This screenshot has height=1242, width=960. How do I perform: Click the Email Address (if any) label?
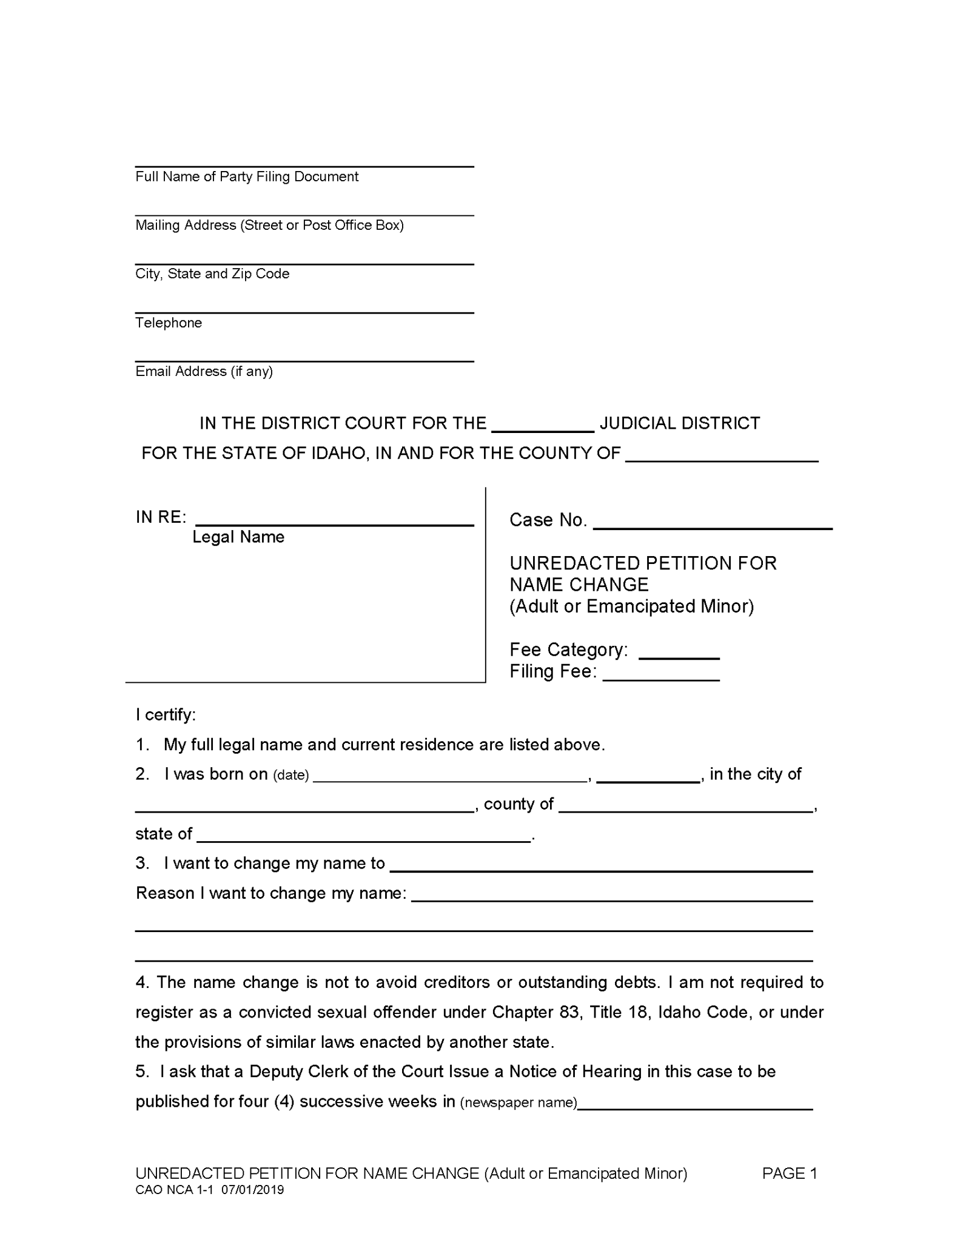(204, 371)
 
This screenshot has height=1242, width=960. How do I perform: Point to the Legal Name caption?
(238, 537)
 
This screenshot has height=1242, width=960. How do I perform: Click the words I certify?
(166, 715)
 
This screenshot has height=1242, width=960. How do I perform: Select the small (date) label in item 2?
(291, 775)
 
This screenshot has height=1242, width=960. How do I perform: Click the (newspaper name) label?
(519, 1103)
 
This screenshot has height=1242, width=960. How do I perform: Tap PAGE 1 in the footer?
(789, 1173)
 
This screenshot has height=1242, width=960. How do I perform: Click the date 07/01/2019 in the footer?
(252, 1190)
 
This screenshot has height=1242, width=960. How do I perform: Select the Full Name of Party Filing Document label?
(247, 176)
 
